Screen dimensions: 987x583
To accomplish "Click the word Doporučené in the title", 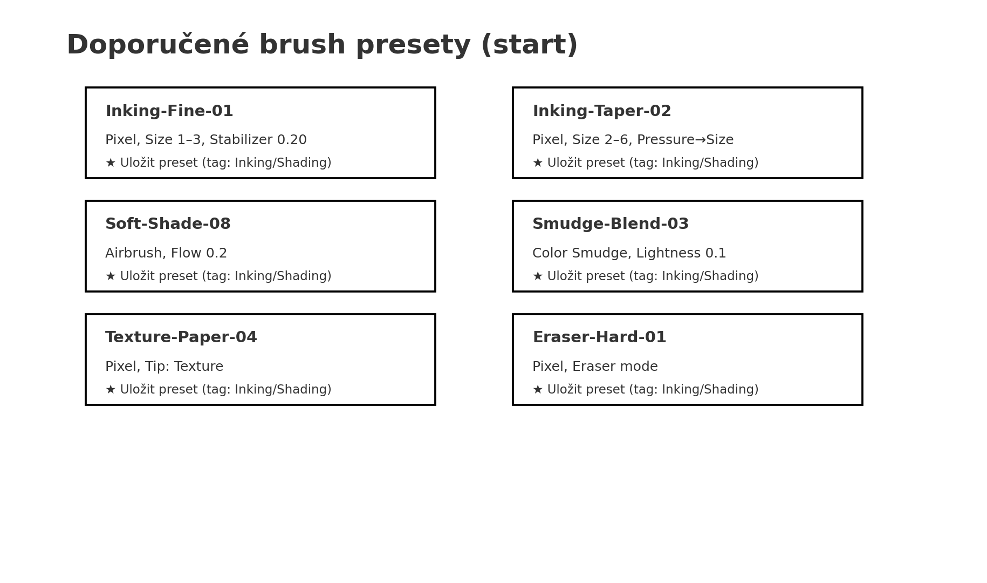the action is (x=158, y=44).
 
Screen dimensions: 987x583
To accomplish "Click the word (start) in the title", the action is (x=529, y=45).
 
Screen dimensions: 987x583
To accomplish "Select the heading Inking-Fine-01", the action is (x=169, y=111).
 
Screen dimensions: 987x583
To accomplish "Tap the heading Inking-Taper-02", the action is (x=602, y=111).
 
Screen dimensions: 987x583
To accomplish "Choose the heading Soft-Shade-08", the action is (x=168, y=224).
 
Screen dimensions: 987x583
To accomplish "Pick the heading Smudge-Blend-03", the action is (x=611, y=224).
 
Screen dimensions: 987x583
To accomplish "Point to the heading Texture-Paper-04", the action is (x=181, y=337).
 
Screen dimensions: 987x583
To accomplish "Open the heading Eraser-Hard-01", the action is (x=599, y=337).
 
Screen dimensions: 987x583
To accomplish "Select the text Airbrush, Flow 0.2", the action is (x=166, y=253).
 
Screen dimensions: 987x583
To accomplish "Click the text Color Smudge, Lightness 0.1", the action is (x=629, y=253).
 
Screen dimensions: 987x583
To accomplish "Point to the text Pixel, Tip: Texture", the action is (x=164, y=367).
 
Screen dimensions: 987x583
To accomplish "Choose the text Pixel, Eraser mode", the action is (x=595, y=367).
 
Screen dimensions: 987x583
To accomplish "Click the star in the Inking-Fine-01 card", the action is (x=111, y=162).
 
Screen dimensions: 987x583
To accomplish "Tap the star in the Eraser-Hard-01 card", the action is (x=538, y=389).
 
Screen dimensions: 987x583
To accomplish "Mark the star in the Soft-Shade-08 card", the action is (x=111, y=276).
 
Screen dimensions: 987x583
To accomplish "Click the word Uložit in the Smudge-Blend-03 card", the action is (x=564, y=276).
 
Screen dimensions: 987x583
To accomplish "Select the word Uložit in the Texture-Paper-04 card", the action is (x=136, y=389).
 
